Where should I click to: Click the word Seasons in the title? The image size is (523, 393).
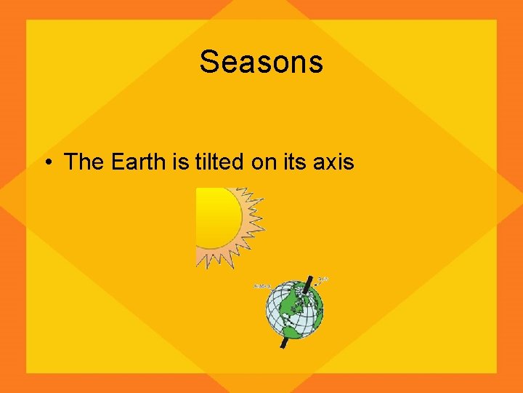(261, 62)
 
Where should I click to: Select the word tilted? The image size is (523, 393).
(219, 162)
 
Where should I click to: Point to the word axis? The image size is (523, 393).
(333, 162)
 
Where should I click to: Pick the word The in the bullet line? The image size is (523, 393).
(84, 162)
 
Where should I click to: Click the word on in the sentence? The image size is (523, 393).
(264, 162)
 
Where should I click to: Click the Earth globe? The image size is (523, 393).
(293, 311)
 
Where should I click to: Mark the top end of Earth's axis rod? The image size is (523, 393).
(308, 279)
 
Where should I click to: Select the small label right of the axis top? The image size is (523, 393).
(324, 278)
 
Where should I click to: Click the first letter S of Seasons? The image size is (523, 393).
(208, 63)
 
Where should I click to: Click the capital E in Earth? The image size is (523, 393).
(118, 162)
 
